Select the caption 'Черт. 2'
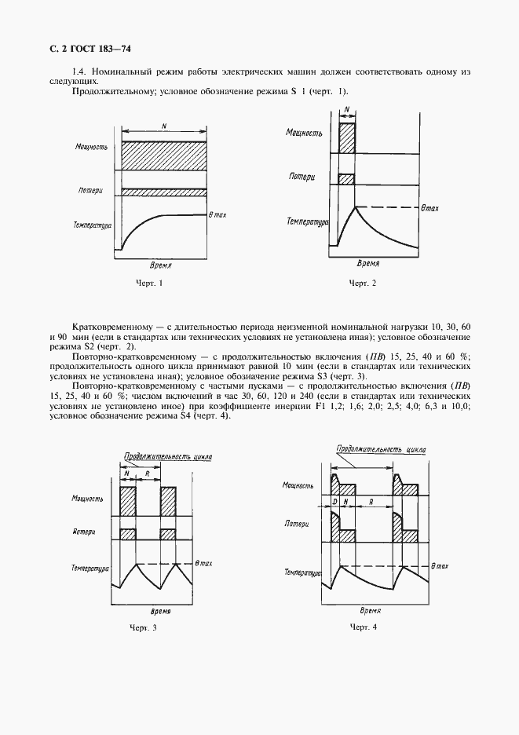pyautogui.click(x=363, y=283)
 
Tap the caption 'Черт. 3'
pyautogui.click(x=143, y=627)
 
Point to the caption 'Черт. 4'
pyautogui.click(x=364, y=627)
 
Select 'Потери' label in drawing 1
pyautogui.click(x=92, y=191)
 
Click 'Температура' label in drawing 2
pyautogui.click(x=307, y=222)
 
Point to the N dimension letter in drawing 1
pyautogui.click(x=163, y=126)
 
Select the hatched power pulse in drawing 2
pyautogui.click(x=346, y=137)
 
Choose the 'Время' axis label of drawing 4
pyautogui.click(x=369, y=609)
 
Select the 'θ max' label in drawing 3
pyautogui.click(x=203, y=563)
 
